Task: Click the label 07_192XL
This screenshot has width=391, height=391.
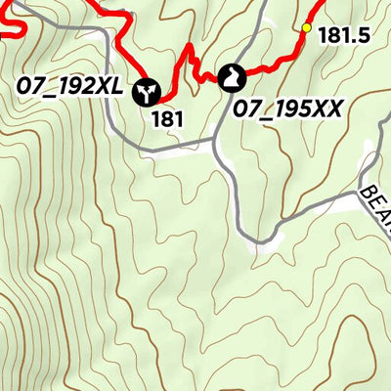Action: [x=69, y=87]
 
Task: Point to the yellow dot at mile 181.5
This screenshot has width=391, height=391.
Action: [x=306, y=27]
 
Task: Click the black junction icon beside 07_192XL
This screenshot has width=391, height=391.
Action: [x=147, y=91]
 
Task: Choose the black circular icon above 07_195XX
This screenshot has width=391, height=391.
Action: [x=235, y=76]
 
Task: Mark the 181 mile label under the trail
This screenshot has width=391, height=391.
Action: [x=168, y=119]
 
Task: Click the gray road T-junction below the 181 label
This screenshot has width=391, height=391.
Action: [x=215, y=146]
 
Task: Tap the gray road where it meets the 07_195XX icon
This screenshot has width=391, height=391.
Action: [x=235, y=93]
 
